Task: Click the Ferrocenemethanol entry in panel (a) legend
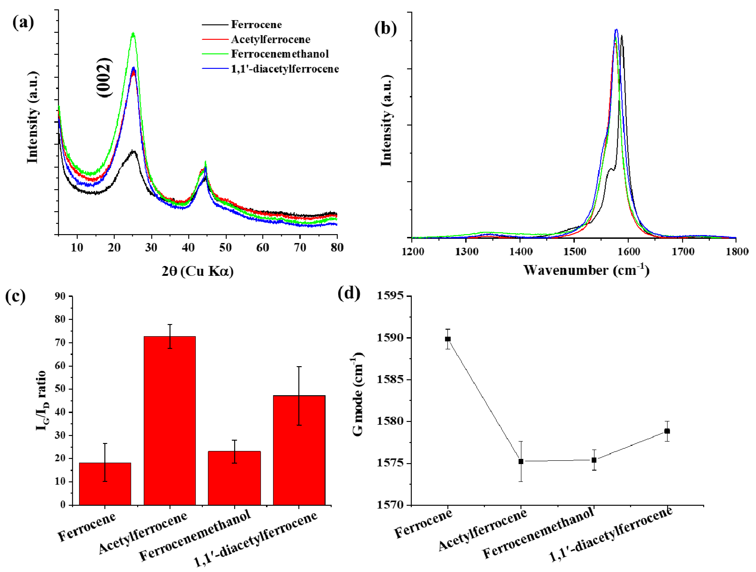279,54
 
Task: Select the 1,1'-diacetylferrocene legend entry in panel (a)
285,69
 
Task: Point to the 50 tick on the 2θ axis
225,247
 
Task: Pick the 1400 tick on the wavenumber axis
521,252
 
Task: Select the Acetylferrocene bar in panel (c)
170,420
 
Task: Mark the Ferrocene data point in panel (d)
448,339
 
